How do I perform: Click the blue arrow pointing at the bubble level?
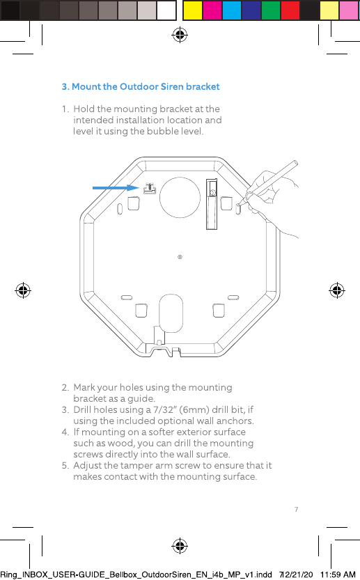pos(116,188)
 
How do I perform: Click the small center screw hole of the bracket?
pos(180,257)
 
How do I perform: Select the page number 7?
pos(297,510)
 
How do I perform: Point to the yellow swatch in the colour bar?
pos(193,10)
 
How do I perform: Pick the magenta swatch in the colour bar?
pos(212,10)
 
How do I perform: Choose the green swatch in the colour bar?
pos(271,10)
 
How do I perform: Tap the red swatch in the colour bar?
pos(290,10)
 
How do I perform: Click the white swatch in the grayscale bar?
pos(166,10)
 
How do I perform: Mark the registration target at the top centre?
pos(180,35)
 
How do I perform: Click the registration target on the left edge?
pos(23,290)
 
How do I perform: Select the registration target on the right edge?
pos(337,290)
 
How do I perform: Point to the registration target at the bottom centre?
pos(180,546)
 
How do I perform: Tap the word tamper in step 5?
pos(136,466)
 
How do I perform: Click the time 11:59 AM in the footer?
pos(338,574)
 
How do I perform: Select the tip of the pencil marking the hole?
pos(239,205)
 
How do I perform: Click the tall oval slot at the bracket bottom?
pos(171,313)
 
